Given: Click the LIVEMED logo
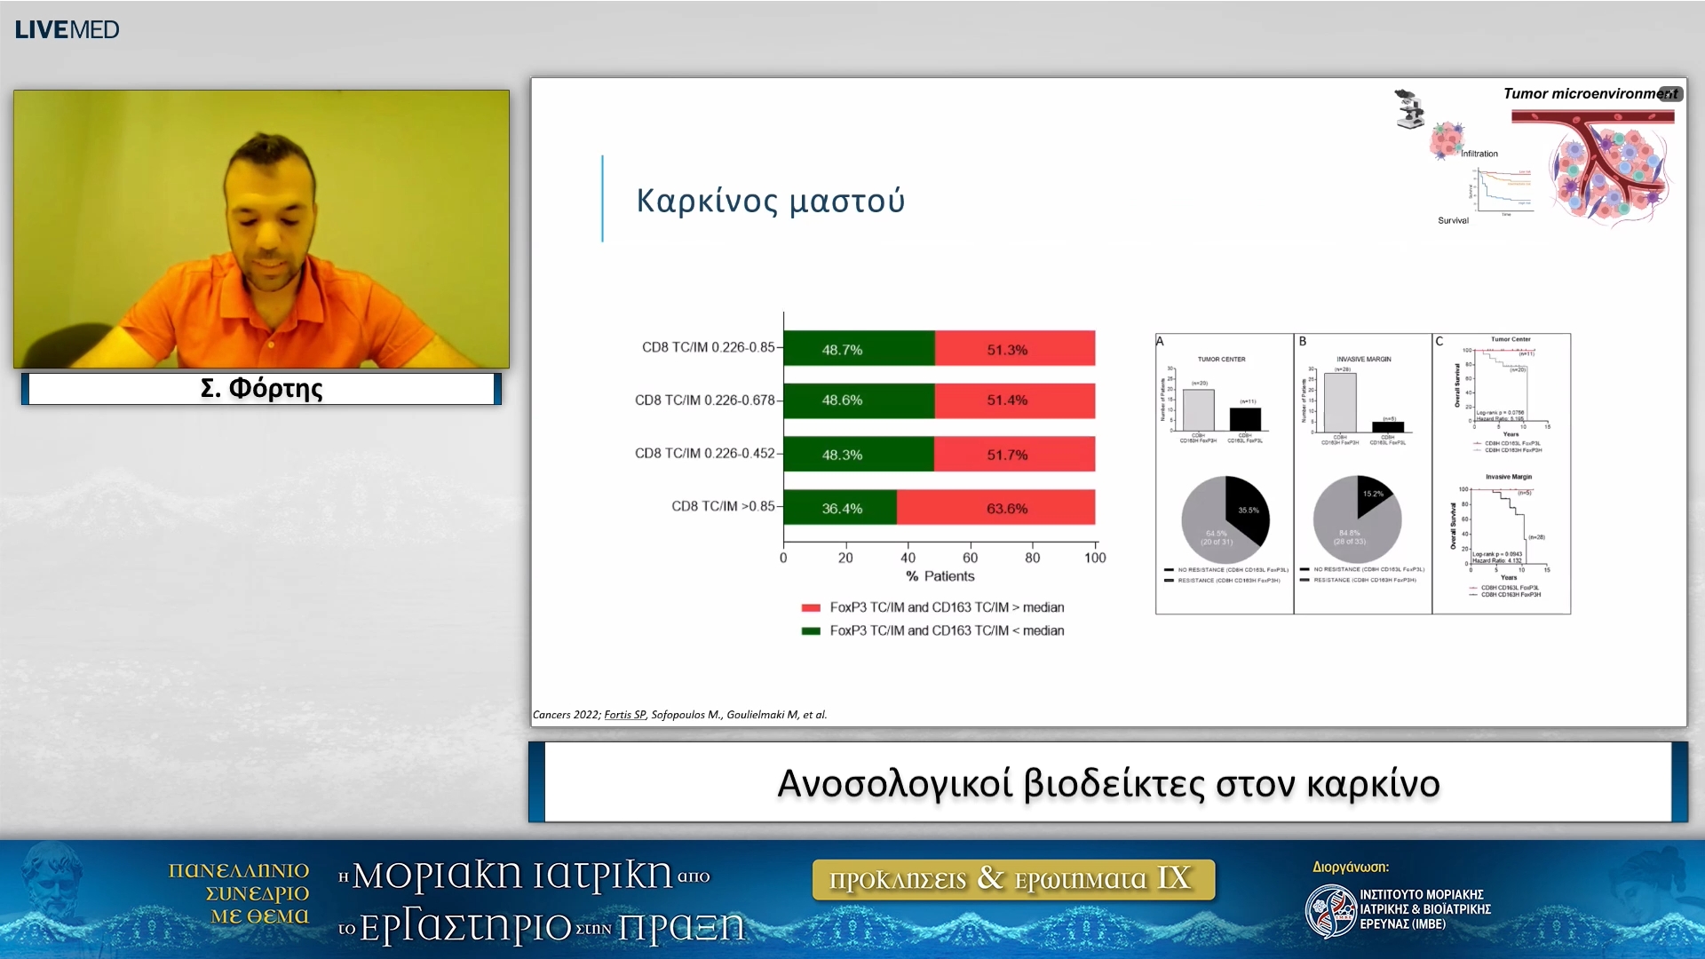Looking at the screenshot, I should [67, 29].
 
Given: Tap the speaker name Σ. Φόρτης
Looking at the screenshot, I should [261, 389].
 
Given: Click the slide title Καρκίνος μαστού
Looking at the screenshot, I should [770, 201].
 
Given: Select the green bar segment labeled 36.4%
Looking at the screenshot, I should [840, 508].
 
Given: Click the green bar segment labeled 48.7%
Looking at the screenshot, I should [858, 349].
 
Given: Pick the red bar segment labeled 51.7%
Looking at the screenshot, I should [1014, 455].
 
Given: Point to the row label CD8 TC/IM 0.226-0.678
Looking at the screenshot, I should [704, 400].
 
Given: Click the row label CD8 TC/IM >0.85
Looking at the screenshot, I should [723, 506].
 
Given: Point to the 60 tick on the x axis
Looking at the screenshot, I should [970, 558].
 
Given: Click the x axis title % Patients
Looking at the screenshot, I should [940, 576].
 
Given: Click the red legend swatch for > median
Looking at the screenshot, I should [810, 608].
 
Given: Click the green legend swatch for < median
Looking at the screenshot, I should [810, 631].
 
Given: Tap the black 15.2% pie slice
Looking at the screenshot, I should [1371, 495].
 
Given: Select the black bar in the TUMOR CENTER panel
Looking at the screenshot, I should [1245, 419].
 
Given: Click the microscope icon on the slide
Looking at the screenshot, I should [1408, 109].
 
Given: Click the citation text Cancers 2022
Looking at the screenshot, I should [566, 715].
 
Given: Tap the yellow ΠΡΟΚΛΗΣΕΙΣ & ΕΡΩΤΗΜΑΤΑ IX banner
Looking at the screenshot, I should [1012, 879].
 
